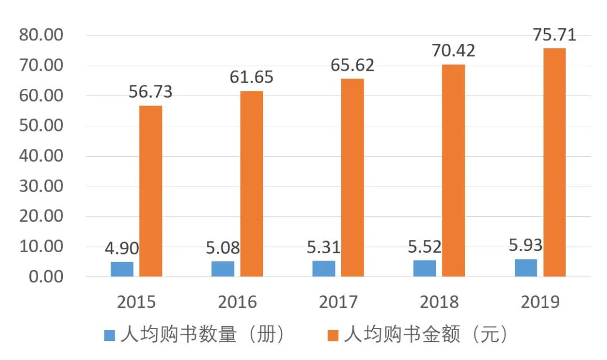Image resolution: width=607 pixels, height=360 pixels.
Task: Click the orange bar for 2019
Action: tap(554, 162)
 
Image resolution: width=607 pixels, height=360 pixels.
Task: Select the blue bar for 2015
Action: tap(122, 269)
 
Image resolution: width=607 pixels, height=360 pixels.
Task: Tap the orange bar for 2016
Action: tap(252, 184)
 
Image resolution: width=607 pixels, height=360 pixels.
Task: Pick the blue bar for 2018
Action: tap(424, 268)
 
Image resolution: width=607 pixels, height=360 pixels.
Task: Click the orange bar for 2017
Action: tap(352, 177)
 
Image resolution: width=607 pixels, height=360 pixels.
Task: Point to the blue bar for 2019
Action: tap(526, 267)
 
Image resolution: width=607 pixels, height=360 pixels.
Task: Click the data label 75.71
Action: tap(554, 35)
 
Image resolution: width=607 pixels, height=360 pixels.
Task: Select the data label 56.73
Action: tap(151, 92)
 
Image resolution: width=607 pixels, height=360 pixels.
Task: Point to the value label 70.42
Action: tap(454, 51)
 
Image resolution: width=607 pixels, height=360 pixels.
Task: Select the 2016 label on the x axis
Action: tap(237, 302)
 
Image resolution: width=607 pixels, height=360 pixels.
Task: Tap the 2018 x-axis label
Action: tap(440, 302)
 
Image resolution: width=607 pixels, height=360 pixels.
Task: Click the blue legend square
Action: tap(110, 335)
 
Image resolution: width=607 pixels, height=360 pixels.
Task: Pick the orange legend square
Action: tap(333, 335)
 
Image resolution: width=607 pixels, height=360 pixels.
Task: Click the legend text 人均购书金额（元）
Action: tap(427, 335)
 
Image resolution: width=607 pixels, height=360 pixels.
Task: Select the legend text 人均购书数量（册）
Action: tap(203, 335)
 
